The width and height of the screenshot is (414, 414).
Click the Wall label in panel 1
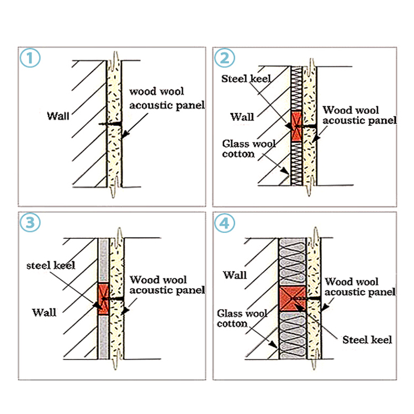pos(59,116)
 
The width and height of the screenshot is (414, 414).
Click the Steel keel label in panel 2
pos(246,79)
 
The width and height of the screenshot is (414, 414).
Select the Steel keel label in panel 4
pos(367,339)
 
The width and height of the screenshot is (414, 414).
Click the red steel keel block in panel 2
pos(297,126)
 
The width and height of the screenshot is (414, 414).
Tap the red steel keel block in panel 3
pos(103,299)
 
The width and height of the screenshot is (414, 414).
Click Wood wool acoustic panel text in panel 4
pos(359,286)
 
